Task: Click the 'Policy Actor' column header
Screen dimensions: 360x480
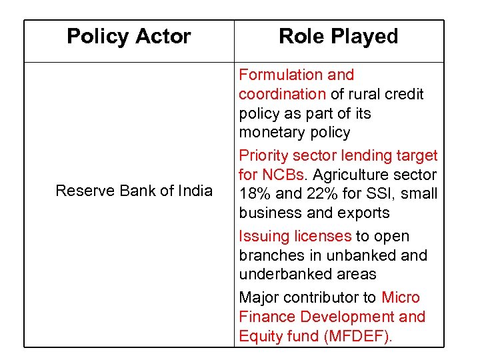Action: point(129,37)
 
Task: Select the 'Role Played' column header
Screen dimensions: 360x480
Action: point(338,37)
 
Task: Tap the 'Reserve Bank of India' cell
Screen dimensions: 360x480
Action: point(134,191)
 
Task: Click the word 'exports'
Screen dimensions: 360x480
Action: point(366,213)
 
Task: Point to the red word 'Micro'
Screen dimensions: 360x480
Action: point(401,298)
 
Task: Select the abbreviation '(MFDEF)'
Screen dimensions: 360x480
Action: point(357,337)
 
